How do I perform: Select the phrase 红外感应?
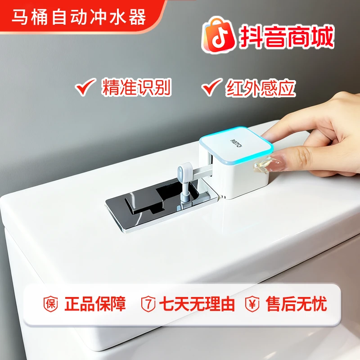pos(261,87)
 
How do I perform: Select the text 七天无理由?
pos(197,304)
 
